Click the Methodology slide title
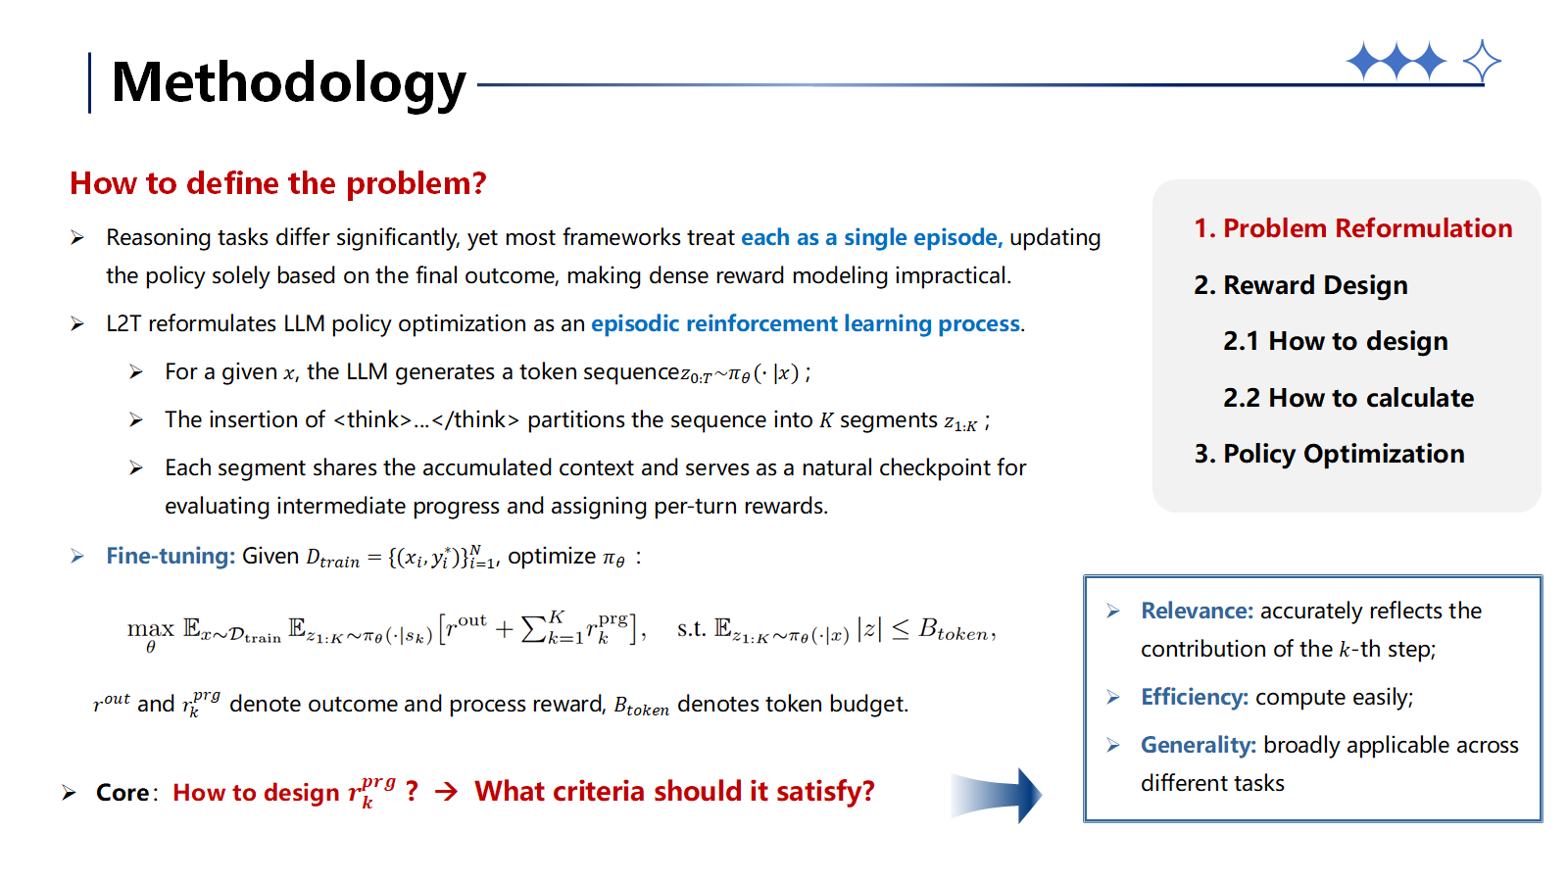click(x=288, y=82)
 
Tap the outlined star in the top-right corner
click(x=1481, y=62)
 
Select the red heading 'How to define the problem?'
click(x=277, y=183)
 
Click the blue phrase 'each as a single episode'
click(x=870, y=237)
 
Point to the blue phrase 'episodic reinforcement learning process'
click(x=806, y=323)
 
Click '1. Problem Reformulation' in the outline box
click(x=1352, y=228)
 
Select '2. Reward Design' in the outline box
click(x=1300, y=285)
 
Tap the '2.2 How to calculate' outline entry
click(x=1347, y=398)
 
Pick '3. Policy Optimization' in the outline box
click(x=1329, y=454)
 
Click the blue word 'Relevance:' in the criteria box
click(x=1197, y=611)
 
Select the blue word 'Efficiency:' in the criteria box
click(x=1194, y=697)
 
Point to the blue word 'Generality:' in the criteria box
click(x=1198, y=745)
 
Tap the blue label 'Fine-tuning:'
click(x=171, y=556)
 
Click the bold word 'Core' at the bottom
click(x=122, y=792)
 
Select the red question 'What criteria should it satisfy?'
click(x=674, y=791)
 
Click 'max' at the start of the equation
click(x=150, y=628)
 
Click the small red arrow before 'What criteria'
click(x=446, y=791)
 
